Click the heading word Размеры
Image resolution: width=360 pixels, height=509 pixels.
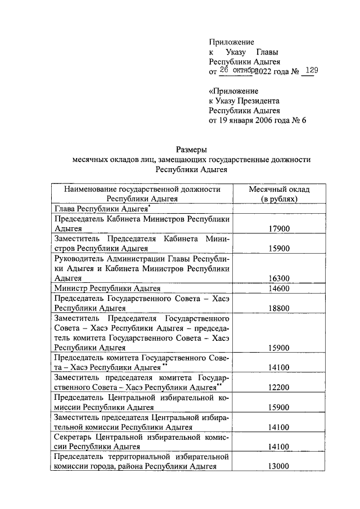(192, 150)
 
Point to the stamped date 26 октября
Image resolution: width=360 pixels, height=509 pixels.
(238, 71)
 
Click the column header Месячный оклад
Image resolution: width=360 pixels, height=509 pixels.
(279, 189)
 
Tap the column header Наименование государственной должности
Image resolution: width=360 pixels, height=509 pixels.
(142, 189)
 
